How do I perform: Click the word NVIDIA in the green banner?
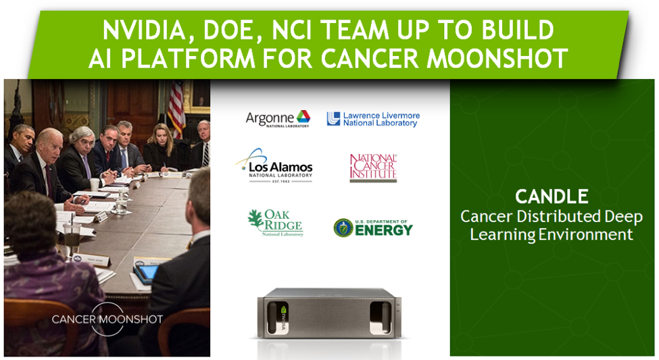(x=143, y=30)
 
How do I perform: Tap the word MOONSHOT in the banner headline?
(x=497, y=58)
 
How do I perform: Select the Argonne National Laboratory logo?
(x=278, y=119)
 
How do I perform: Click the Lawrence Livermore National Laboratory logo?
(x=373, y=119)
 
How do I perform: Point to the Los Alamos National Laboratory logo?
(x=274, y=165)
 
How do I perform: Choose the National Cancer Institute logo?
(x=373, y=168)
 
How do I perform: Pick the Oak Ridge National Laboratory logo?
(x=276, y=223)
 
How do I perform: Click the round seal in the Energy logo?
(x=343, y=228)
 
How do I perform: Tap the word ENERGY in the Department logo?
(x=384, y=230)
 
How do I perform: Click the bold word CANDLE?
(x=552, y=197)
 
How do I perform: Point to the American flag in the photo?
(x=176, y=109)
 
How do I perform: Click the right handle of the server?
(x=381, y=318)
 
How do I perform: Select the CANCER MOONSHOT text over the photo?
(x=107, y=319)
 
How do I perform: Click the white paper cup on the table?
(x=95, y=185)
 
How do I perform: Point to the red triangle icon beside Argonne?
(x=303, y=116)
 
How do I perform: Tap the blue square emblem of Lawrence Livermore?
(x=333, y=119)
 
